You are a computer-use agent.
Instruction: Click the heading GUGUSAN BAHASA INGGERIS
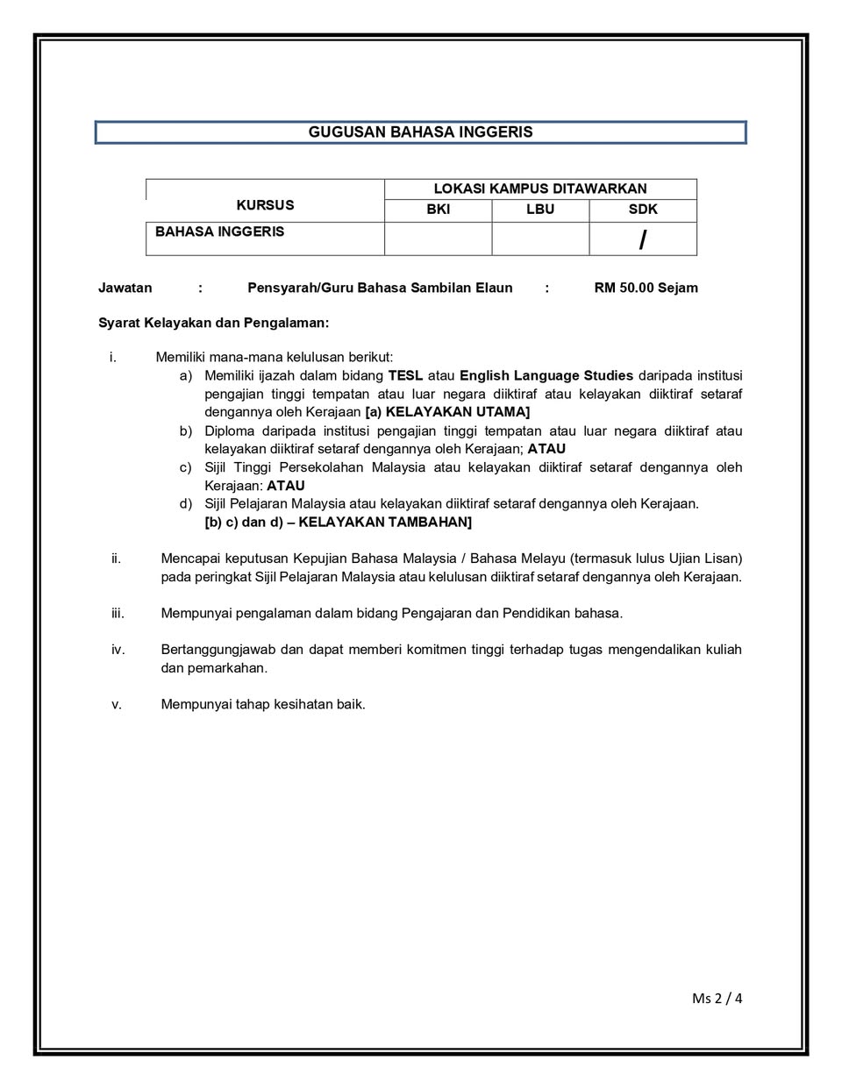pos(420,132)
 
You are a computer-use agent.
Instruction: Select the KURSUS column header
pos(265,205)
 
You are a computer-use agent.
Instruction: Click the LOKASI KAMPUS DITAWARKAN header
pos(540,189)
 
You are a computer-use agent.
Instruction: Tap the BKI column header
pos(438,210)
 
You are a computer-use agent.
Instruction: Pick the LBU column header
pos(540,210)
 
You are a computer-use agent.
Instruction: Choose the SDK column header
pos(643,210)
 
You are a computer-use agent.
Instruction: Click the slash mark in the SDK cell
pos(643,239)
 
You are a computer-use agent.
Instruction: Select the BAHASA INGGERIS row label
pos(219,232)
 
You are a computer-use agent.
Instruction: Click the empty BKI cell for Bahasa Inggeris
pos(438,238)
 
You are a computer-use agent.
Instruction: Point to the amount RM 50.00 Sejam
pos(646,288)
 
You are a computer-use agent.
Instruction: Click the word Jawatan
pos(125,288)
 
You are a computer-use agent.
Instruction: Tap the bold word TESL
pos(405,375)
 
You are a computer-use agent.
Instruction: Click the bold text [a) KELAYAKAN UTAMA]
pos(447,412)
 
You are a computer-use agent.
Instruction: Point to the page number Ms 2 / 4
pos(717,999)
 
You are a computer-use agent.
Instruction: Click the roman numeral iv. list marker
pos(118,650)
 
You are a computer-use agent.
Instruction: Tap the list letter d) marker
pos(186,504)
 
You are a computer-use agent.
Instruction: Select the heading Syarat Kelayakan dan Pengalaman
pos(214,323)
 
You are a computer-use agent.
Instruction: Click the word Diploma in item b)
pos(230,431)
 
